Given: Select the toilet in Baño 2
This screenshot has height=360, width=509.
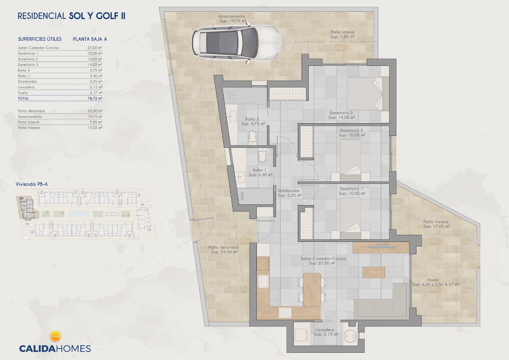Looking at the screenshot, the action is click(252, 137).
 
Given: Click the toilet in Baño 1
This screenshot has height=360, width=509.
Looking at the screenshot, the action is click(262, 155).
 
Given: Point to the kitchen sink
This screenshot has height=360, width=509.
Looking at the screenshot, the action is click(263, 282).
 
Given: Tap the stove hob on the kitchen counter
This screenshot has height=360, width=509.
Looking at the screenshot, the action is click(285, 313).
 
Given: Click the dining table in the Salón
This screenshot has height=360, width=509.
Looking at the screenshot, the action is click(312, 289).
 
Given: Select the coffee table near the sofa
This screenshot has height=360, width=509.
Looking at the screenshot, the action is click(374, 272).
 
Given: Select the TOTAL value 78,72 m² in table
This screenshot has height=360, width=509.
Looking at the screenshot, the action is click(95, 98).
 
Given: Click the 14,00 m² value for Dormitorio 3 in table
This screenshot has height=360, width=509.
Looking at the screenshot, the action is click(95, 64).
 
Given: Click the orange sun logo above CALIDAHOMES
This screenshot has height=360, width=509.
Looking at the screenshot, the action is click(55, 336).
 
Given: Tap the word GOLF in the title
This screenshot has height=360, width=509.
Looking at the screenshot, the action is click(107, 16).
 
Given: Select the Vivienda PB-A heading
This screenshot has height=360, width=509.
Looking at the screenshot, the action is click(31, 184).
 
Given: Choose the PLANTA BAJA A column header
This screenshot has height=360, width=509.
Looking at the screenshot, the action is click(90, 39).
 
